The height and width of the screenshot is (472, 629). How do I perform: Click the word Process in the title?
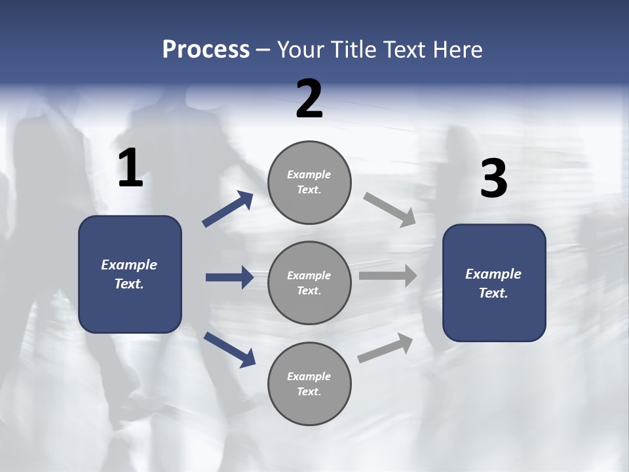206,50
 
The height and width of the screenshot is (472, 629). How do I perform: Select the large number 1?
130,168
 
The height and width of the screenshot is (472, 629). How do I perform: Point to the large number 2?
309,99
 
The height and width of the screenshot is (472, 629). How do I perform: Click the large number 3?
493,179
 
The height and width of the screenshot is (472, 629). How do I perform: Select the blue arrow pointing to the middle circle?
229,277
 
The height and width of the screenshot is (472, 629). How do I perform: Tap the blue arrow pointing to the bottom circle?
229,349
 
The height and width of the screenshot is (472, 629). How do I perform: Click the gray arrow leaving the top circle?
389,209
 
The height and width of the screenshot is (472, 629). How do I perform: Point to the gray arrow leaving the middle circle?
388,276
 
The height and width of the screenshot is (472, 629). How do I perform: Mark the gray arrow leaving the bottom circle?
386,348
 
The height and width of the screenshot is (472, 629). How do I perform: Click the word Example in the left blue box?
129,265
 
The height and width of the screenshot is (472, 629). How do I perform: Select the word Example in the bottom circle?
309,376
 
